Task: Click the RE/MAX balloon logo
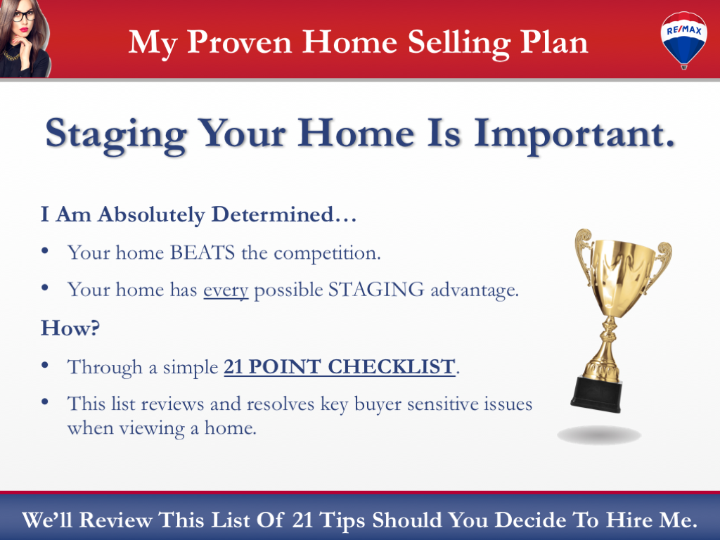point(684,39)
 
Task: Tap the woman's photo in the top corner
point(25,39)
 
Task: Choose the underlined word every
point(226,290)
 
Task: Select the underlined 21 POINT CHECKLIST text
point(339,367)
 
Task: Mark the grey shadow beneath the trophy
point(599,435)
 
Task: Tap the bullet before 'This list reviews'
point(46,403)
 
